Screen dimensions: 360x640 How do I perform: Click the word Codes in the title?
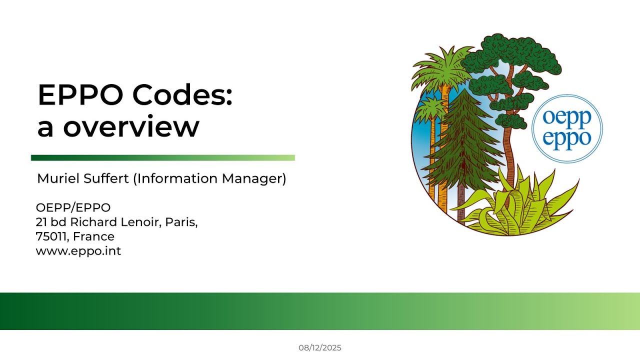pyautogui.click(x=184, y=95)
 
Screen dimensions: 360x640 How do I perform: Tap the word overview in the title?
pyautogui.click(x=131, y=127)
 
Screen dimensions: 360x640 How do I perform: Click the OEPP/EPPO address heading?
pyautogui.click(x=73, y=207)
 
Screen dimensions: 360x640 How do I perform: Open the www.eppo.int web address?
pyautogui.click(x=78, y=251)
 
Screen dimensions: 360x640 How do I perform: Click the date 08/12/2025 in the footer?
pyautogui.click(x=320, y=347)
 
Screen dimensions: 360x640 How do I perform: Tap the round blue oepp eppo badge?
pyautogui.click(x=566, y=128)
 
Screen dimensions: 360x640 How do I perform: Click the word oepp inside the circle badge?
pyautogui.click(x=566, y=118)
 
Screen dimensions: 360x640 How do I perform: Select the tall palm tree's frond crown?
pyautogui.click(x=442, y=65)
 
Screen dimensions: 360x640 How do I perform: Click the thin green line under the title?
pyautogui.click(x=163, y=158)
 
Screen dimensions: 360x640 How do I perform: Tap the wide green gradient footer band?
pyautogui.click(x=320, y=311)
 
